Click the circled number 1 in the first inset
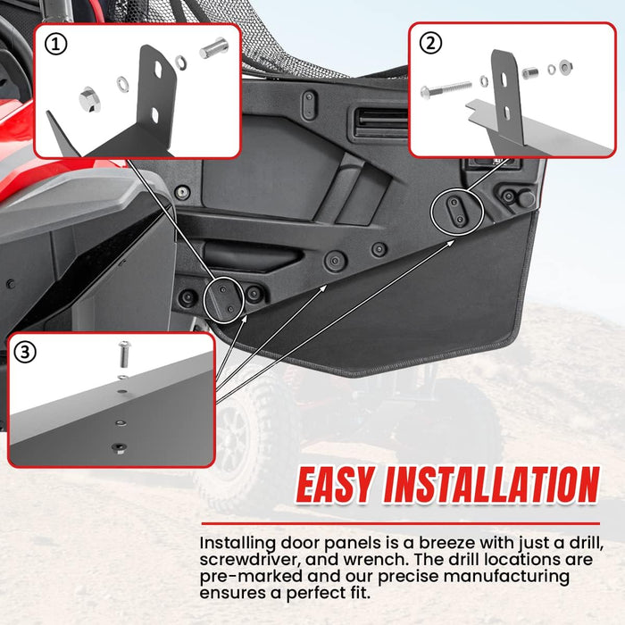[x=55, y=44]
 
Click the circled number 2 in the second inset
[x=431, y=43]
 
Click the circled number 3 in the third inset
[x=25, y=353]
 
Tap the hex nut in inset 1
[x=89, y=99]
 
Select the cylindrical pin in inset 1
[x=214, y=48]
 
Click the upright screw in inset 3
[x=124, y=354]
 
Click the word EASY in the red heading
[x=336, y=485]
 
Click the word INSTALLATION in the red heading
[x=491, y=485]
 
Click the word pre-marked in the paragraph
[x=251, y=577]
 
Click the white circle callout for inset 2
[x=457, y=212]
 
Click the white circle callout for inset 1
[x=223, y=300]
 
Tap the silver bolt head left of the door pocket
[x=182, y=193]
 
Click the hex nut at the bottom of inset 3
[x=119, y=447]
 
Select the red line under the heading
[x=401, y=524]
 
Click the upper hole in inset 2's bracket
[x=504, y=79]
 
